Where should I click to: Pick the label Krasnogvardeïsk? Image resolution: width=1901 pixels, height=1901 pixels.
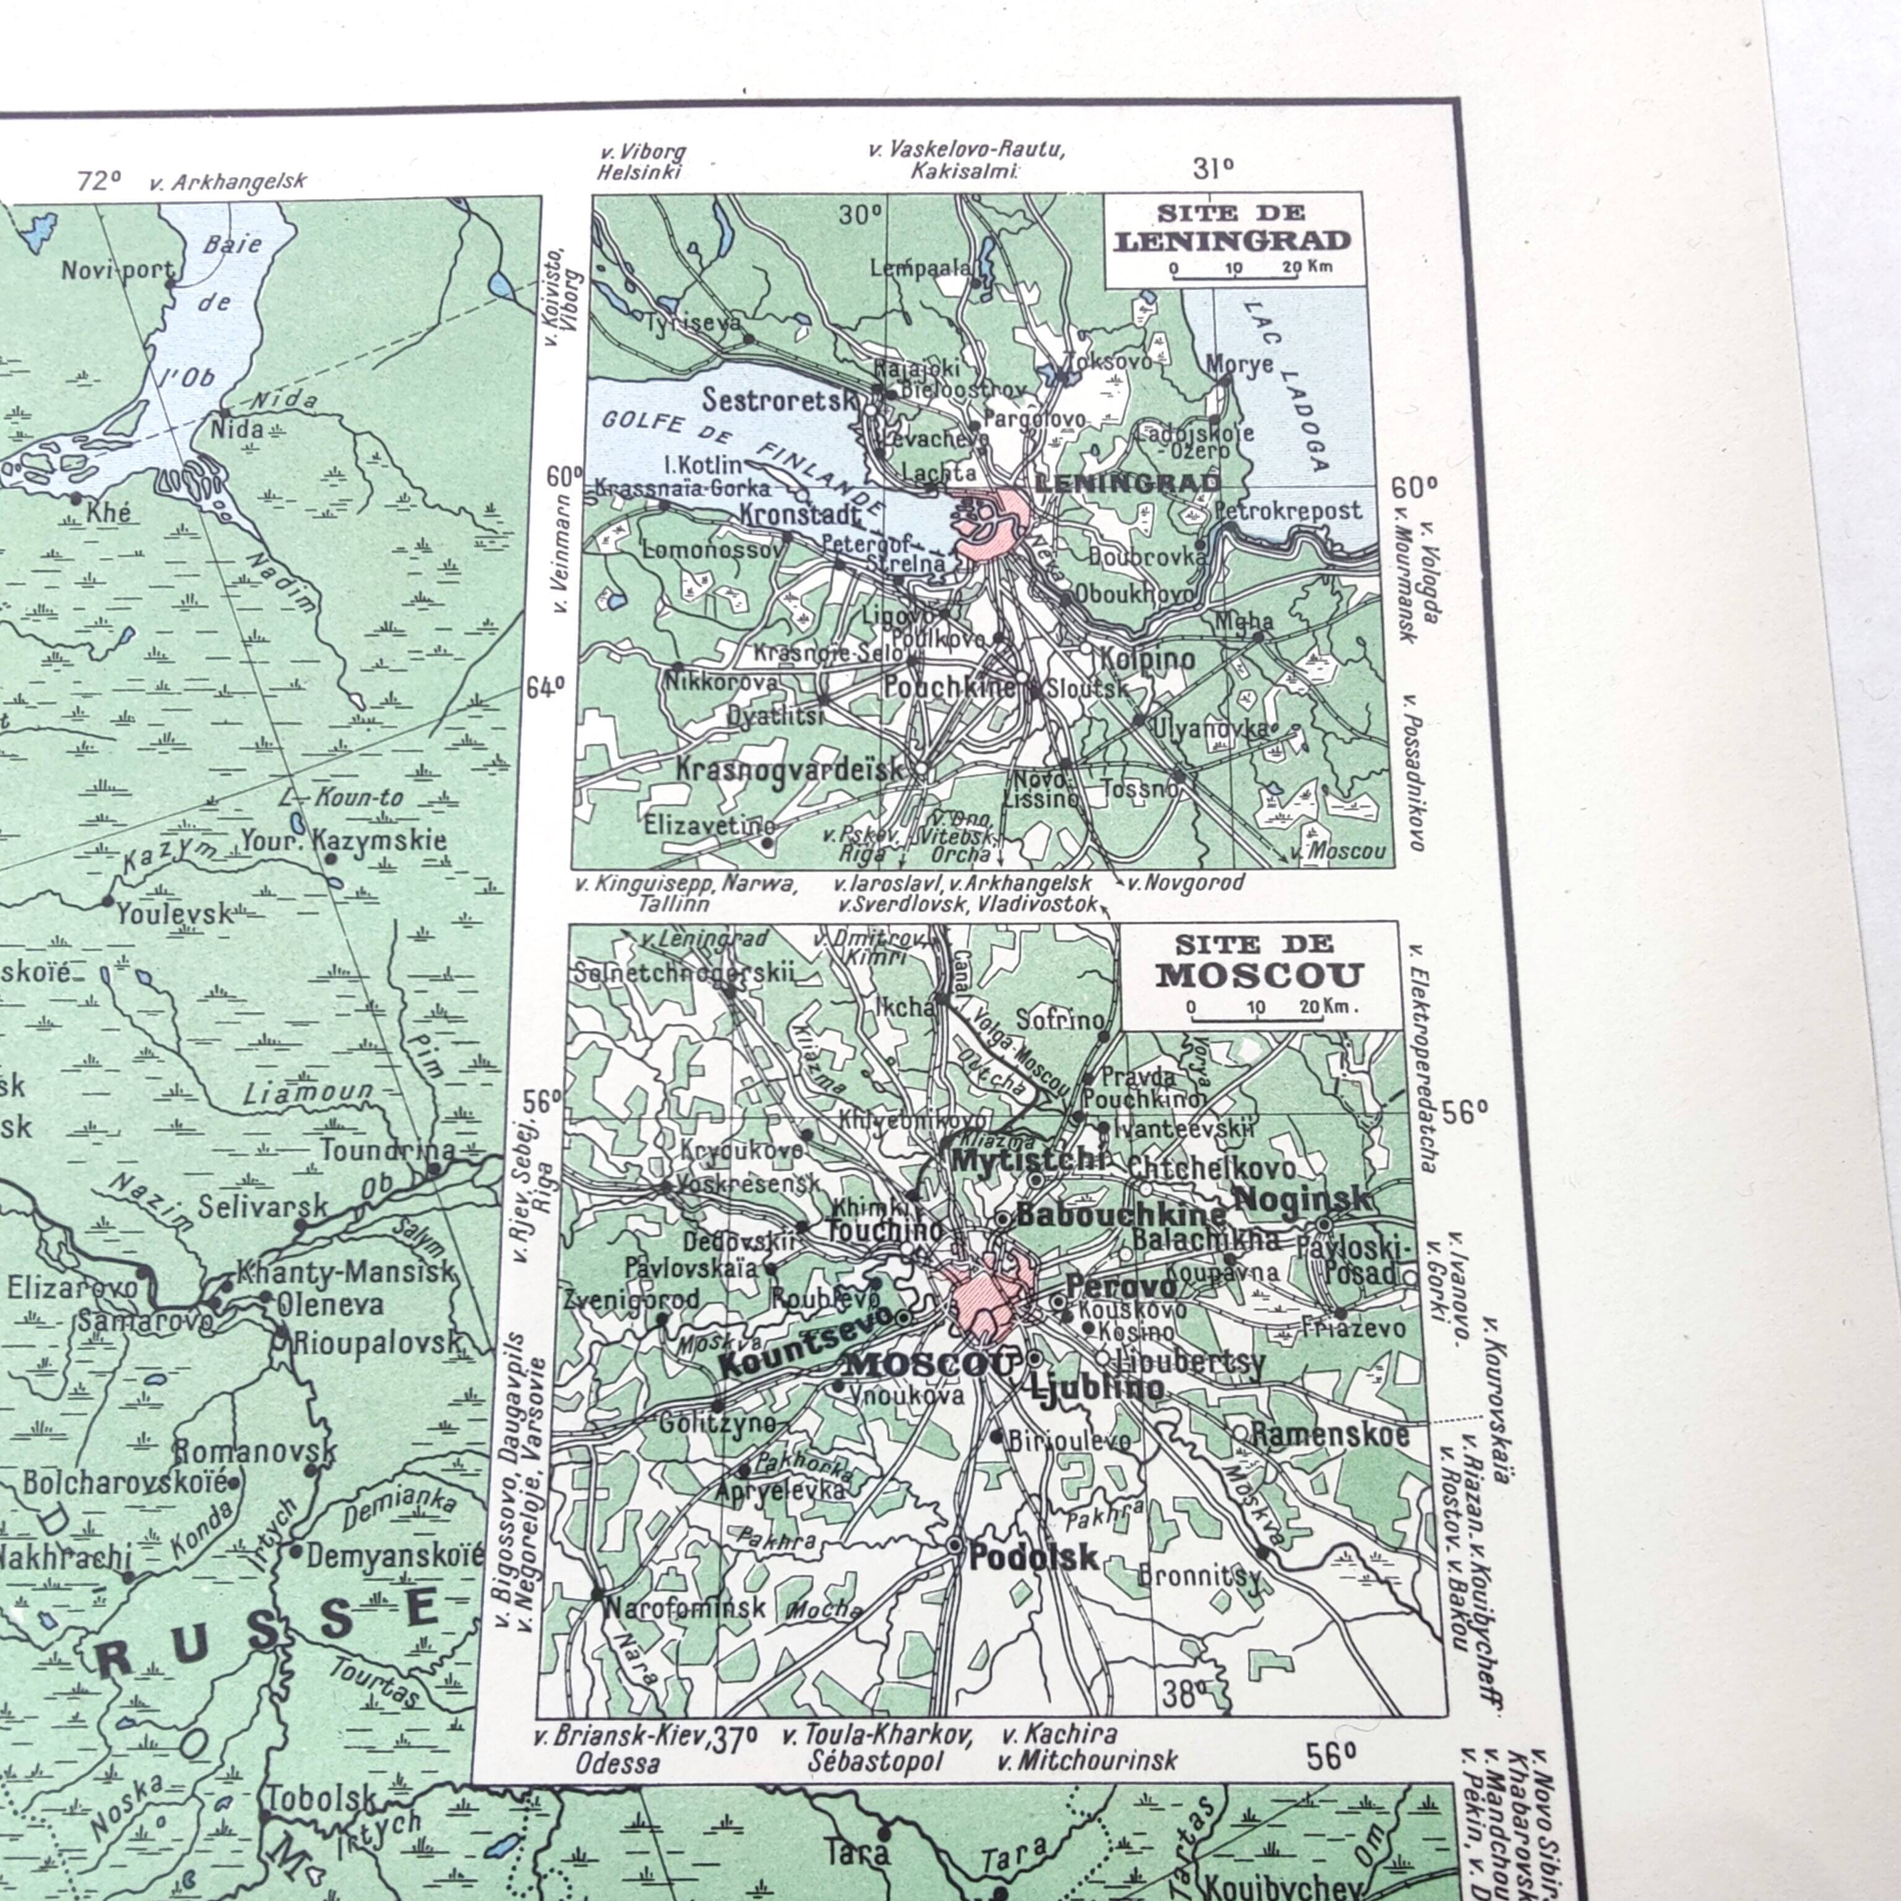pyautogui.click(x=789, y=769)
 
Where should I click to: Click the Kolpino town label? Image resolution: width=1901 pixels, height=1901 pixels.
pyautogui.click(x=1149, y=658)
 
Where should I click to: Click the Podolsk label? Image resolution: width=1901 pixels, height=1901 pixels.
pyautogui.click(x=1033, y=1556)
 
